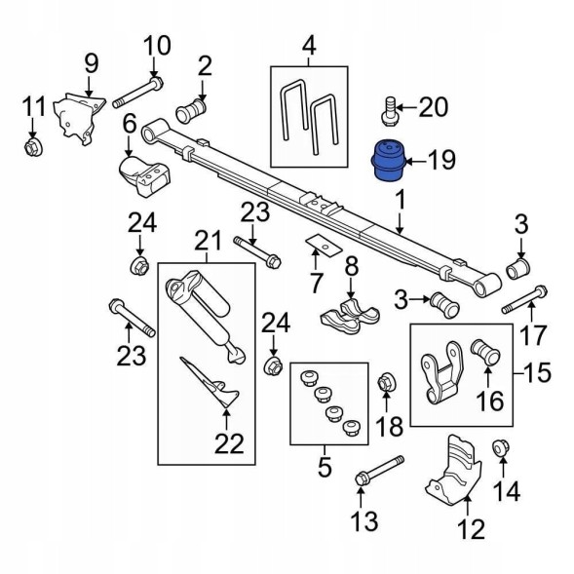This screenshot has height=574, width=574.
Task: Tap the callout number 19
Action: tap(442, 160)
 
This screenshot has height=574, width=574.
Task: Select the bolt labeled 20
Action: tap(390, 112)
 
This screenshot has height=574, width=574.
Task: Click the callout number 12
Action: tap(472, 529)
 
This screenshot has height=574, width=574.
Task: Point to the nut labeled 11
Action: tap(34, 147)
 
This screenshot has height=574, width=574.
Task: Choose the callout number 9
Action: tap(92, 63)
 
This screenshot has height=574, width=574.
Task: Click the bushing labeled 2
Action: tap(191, 109)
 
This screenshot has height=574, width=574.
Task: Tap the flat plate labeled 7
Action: tap(324, 246)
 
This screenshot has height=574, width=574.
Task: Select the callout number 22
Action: tap(229, 443)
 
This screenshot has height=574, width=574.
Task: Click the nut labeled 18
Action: tap(386, 383)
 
